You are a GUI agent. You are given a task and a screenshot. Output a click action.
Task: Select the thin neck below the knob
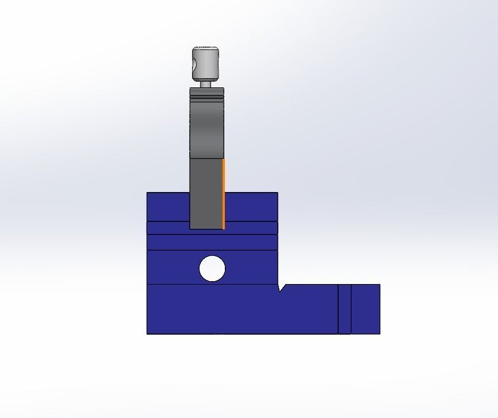[206, 84]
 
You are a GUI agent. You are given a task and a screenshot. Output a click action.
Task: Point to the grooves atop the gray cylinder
[206, 96]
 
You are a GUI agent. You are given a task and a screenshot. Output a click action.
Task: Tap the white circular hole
[212, 269]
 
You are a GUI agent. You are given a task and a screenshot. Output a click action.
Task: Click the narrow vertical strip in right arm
[344, 309]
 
